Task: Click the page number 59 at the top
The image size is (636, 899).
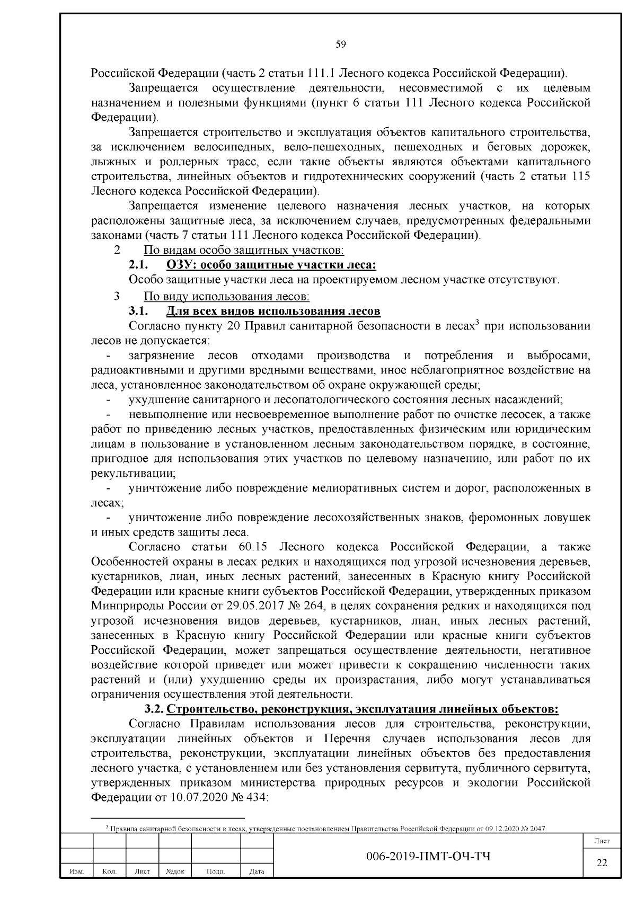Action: click(x=341, y=44)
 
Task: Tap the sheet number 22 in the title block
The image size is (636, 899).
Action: click(x=602, y=863)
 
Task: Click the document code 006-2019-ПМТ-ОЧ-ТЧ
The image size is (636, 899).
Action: click(x=428, y=856)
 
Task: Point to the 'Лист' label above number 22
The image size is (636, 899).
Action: click(x=602, y=841)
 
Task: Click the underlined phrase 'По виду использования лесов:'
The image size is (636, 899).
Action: click(x=226, y=296)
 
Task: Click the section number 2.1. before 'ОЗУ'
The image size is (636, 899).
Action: click(x=138, y=264)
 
